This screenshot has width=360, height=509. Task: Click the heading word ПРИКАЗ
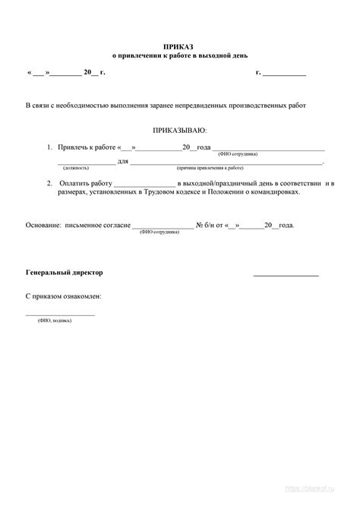(x=179, y=47)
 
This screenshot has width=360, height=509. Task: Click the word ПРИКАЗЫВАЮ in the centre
(x=179, y=131)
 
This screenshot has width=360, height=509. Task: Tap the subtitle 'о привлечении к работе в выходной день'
(x=180, y=55)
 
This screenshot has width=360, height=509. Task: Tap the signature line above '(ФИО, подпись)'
(x=61, y=314)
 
